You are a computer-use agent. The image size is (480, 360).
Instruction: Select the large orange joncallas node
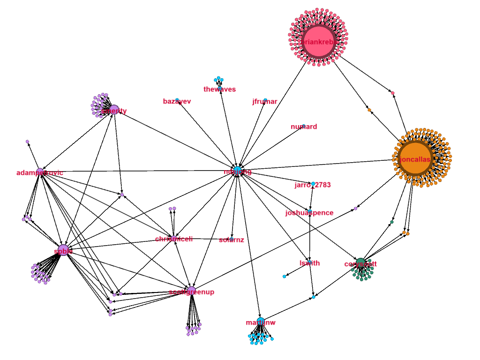tap(412, 159)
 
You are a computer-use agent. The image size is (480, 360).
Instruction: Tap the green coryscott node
tap(360, 262)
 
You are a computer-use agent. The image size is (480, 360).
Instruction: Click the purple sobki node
tap(64, 250)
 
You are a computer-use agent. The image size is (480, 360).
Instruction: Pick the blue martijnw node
tap(261, 321)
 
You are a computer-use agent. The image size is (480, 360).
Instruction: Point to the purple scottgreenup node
tap(191, 290)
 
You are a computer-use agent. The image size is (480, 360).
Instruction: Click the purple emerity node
tap(113, 109)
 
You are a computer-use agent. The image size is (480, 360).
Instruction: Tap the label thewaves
tap(219, 89)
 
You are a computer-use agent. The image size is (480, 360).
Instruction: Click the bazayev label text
tap(177, 101)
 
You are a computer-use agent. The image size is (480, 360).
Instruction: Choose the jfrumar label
tap(264, 101)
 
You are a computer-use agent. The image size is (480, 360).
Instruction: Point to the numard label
tap(304, 127)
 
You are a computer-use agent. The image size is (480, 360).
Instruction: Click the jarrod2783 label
tap(313, 185)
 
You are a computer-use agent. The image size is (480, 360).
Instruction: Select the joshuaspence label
tap(309, 213)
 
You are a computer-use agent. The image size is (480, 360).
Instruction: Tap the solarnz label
tap(231, 240)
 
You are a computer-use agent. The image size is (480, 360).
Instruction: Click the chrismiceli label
tap(174, 239)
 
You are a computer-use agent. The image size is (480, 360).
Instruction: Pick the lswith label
tap(309, 263)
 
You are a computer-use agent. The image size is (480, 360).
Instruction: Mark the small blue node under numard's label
tap(304, 126)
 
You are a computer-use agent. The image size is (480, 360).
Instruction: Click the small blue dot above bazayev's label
tap(177, 99)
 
